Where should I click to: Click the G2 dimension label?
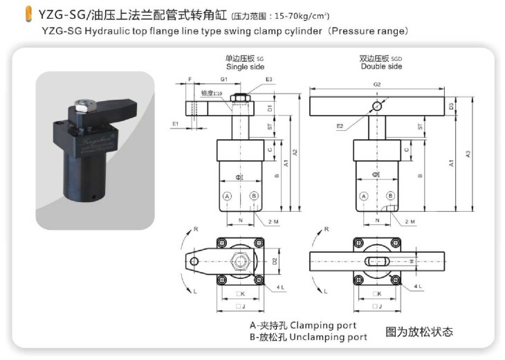pos(377,84)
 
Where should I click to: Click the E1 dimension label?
pos(176,123)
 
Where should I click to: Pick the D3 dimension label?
pos(451,107)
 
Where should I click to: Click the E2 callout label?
pos(340,126)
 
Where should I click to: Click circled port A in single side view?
pos(226,197)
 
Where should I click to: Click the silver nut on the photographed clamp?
pos(84,104)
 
